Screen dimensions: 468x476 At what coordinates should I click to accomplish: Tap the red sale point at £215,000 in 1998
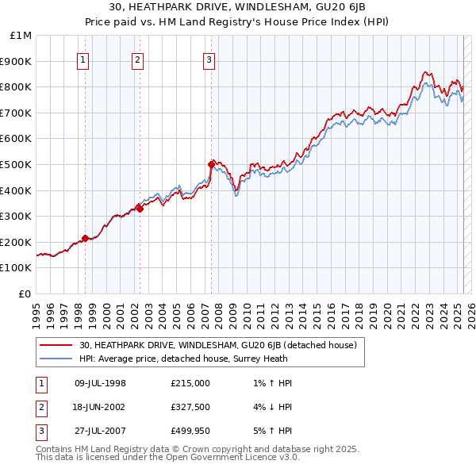point(85,238)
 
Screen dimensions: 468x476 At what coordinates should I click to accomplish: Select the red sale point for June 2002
point(140,209)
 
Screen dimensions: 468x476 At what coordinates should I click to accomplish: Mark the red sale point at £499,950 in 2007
point(212,164)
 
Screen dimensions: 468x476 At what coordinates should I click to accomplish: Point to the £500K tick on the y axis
point(17,164)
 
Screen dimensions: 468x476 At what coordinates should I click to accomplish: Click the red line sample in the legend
point(56,345)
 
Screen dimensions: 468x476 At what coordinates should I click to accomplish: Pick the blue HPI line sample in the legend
point(56,359)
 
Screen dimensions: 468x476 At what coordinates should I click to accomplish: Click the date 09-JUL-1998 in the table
point(100,383)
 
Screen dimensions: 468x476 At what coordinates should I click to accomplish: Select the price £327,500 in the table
point(190,408)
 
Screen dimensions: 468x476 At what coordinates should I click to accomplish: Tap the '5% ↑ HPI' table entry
point(270,432)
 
